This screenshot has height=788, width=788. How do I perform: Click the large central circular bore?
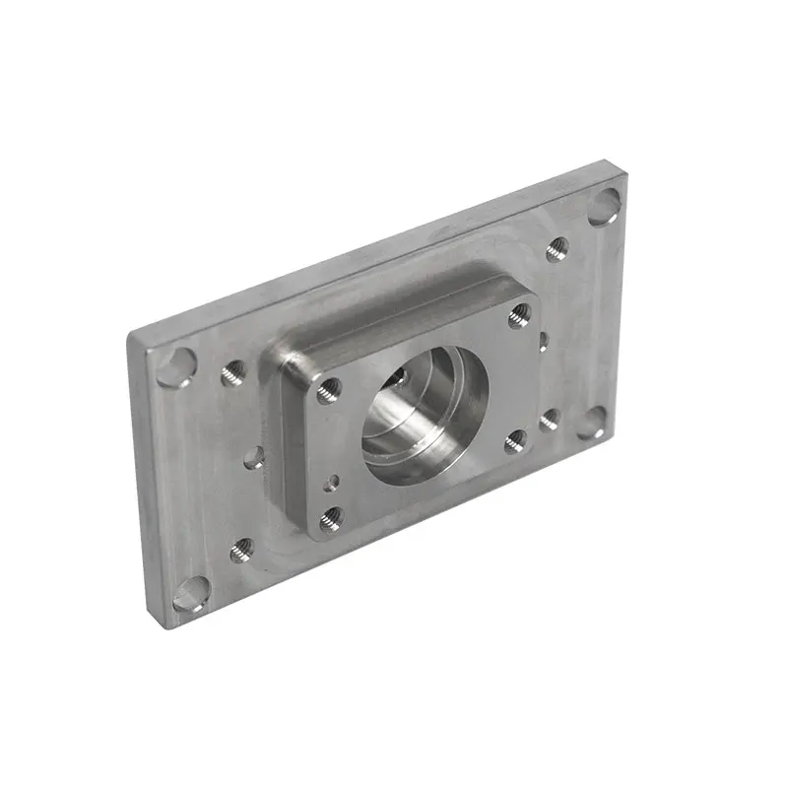click(426, 419)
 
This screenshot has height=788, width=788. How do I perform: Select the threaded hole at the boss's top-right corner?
click(519, 315)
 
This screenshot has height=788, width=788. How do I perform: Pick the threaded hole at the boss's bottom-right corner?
click(515, 440)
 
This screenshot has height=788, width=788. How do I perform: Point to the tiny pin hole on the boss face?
click(335, 481)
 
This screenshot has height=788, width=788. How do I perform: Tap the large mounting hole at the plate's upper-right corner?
click(603, 209)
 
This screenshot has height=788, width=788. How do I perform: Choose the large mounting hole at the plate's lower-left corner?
click(190, 594)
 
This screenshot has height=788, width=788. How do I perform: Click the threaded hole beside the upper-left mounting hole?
click(233, 372)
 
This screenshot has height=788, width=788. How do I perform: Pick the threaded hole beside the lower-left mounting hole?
click(241, 550)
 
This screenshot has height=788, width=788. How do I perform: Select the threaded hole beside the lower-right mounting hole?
click(550, 419)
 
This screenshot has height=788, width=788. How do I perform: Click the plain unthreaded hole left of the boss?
click(253, 456)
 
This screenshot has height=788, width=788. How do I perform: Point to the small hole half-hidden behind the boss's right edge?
click(543, 341)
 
